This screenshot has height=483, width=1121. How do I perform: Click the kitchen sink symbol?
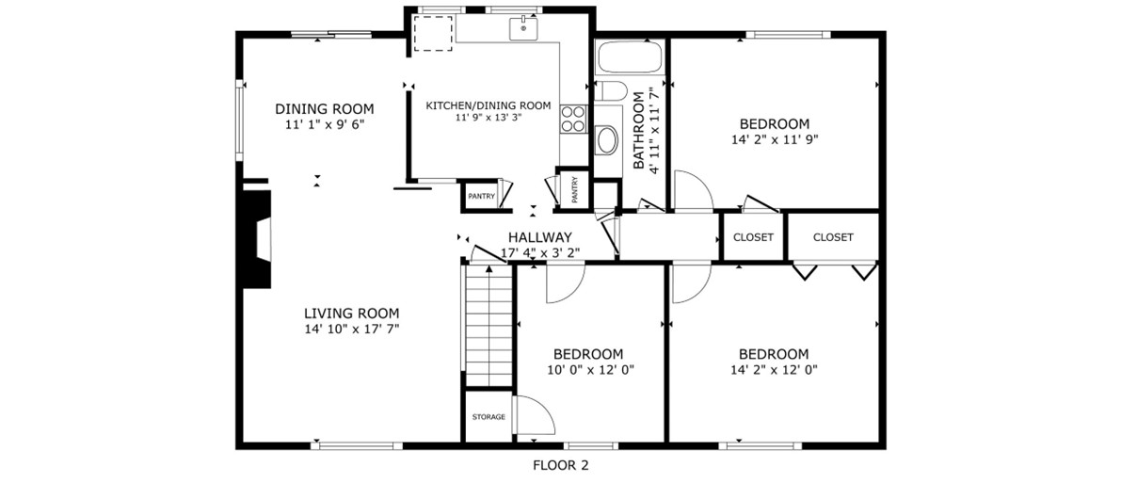[x=523, y=29]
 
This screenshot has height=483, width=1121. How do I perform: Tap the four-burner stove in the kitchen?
[x=573, y=119]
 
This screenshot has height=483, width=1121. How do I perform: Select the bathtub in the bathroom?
[x=630, y=57]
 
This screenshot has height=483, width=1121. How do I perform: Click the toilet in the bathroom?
[x=611, y=91]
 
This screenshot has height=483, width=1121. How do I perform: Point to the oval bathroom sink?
[x=608, y=141]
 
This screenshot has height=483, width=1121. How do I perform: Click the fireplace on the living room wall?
[x=256, y=239]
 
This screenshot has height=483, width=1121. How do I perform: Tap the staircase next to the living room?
[x=489, y=327]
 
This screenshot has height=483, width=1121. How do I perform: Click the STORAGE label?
[x=489, y=417]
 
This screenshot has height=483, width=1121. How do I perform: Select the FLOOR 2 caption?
[x=561, y=466]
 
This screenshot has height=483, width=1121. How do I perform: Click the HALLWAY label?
[x=539, y=237]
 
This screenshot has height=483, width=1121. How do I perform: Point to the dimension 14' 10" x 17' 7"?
[x=351, y=330]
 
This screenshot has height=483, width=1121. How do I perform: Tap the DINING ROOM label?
[x=325, y=109]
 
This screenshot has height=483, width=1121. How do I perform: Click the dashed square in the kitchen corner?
[x=433, y=33]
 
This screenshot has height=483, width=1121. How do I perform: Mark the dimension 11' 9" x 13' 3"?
[x=488, y=118]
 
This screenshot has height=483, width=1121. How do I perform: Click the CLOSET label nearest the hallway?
[x=754, y=237]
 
